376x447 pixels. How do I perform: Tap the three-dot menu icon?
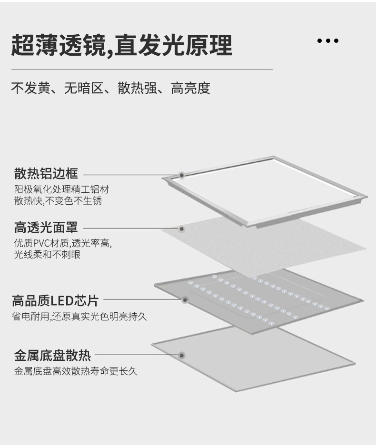327,41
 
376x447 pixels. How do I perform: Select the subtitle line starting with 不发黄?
110,88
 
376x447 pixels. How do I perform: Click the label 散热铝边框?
46,173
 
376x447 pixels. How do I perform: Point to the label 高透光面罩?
46,228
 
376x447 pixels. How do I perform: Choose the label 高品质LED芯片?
55,300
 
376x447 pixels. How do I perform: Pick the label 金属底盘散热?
52,355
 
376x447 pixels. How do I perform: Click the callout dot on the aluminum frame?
181,175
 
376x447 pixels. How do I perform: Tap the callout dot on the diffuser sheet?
181,228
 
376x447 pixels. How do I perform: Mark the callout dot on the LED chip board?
185,300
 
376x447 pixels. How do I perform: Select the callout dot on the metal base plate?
181,355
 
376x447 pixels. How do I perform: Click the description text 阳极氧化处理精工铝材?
62,189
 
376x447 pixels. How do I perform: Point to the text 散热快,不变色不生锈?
58,201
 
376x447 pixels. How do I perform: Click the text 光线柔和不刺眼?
47,255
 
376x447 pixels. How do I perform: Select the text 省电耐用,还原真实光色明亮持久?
79,316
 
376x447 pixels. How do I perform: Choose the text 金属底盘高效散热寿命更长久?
76,371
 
